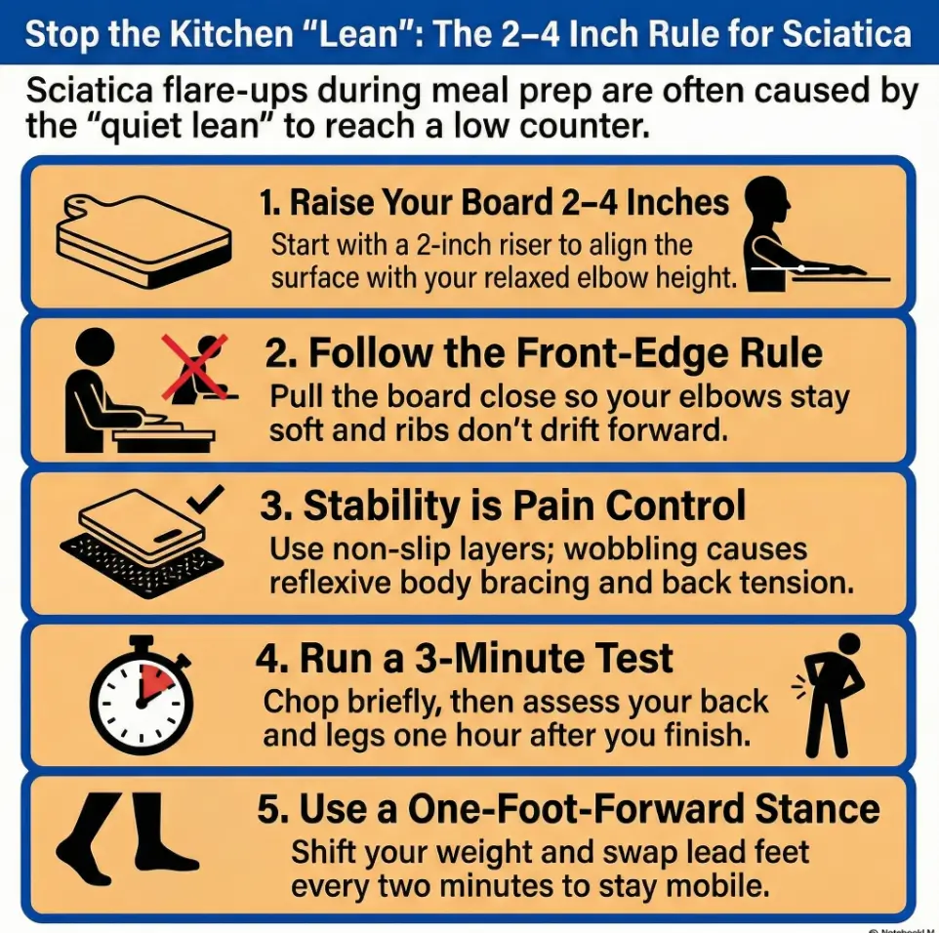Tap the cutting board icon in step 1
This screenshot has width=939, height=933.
point(143,237)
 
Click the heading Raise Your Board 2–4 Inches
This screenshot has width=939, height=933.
point(494,202)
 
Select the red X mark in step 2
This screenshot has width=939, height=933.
point(195,366)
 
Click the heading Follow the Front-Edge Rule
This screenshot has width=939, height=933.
point(544,353)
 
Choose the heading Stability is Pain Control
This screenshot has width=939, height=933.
point(503,506)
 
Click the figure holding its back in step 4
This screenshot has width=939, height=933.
point(832,694)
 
